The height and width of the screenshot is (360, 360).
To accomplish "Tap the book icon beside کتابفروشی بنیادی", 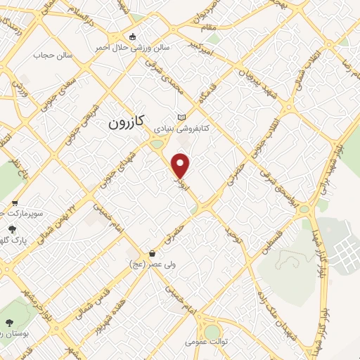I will (184, 117).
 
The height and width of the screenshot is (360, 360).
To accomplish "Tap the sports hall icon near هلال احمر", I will (131, 37).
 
